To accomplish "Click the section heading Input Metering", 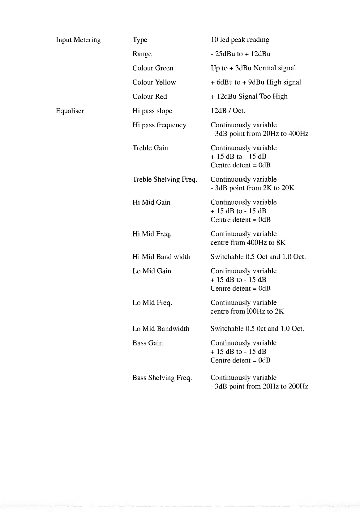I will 78,40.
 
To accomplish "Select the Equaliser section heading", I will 70,111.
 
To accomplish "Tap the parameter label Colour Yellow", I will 154,82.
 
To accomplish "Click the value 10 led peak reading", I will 240,40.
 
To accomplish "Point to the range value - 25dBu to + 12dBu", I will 240,54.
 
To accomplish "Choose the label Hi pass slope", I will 152,111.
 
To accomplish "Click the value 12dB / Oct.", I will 228,111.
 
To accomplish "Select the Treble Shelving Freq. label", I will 165,180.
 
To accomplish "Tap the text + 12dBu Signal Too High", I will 249,97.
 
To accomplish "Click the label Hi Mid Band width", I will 161,257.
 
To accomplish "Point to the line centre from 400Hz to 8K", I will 248,242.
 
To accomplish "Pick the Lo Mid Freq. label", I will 152,303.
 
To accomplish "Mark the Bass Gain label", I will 147,343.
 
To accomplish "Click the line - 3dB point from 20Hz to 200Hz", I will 259,386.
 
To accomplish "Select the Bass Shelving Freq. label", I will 162,378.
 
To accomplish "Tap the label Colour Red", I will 149,97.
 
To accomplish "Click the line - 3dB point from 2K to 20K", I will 252,188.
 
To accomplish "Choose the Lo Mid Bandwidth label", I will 161,329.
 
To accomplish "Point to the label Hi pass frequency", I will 159,125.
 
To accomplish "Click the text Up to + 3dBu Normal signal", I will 253,68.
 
